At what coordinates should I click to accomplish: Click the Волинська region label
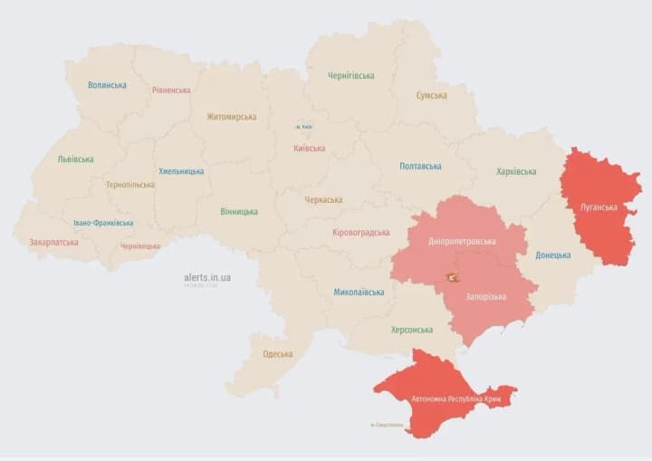(107, 85)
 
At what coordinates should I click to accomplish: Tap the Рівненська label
(171, 91)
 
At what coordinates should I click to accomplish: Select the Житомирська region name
(231, 117)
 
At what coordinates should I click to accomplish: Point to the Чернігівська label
(351, 76)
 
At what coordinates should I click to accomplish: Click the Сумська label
(431, 95)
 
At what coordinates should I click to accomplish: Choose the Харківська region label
(516, 171)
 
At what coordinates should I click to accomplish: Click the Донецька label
(552, 255)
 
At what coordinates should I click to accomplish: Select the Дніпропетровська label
(462, 242)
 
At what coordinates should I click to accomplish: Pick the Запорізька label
(485, 297)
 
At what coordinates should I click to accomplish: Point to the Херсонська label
(411, 331)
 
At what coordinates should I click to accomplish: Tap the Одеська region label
(277, 354)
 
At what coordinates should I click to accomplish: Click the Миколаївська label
(359, 293)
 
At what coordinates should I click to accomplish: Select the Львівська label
(75, 159)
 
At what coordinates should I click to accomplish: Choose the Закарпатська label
(53, 243)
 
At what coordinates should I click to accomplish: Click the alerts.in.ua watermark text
(206, 277)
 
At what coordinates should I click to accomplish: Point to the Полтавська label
(420, 167)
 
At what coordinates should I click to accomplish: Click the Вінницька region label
(238, 212)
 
